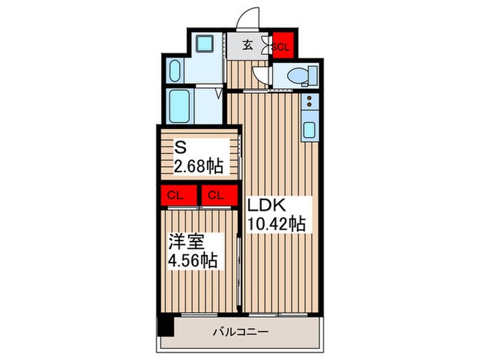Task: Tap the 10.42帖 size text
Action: [276, 223]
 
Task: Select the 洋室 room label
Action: [187, 242]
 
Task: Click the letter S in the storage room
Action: [180, 147]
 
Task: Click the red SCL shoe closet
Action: [282, 47]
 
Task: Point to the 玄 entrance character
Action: [249, 46]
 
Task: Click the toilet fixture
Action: [302, 75]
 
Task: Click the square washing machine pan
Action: [205, 45]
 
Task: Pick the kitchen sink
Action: [309, 128]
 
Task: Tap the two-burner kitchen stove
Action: [309, 103]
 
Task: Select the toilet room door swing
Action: [260, 75]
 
